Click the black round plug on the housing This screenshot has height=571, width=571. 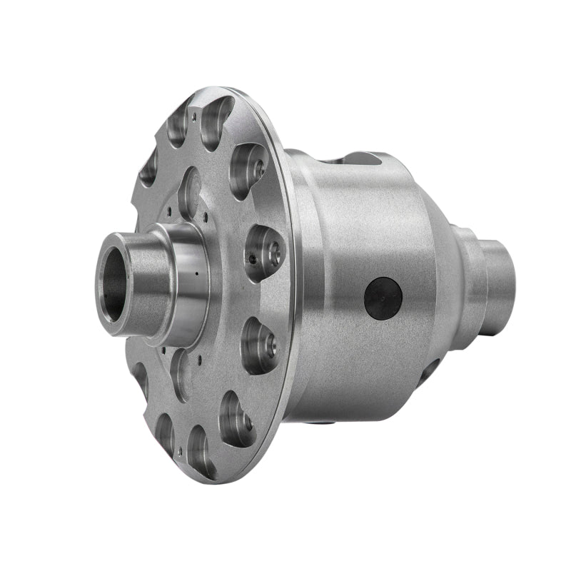coord(383,298)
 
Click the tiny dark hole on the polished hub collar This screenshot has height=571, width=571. coord(193,273)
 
